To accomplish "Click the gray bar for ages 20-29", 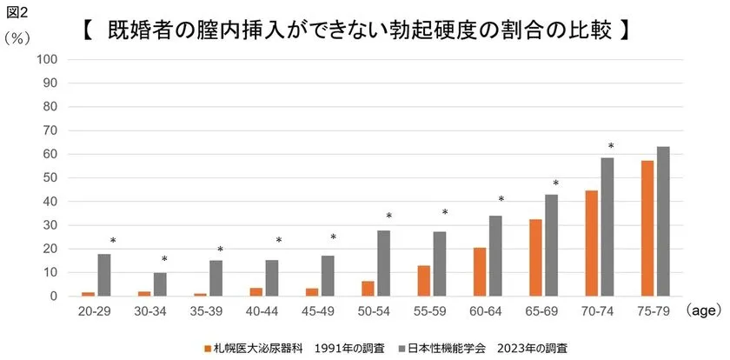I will click(x=104, y=275).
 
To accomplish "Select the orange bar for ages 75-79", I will click(x=647, y=229).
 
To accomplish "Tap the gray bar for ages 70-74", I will click(x=607, y=227).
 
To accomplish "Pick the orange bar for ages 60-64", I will click(x=480, y=272).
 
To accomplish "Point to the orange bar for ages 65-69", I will click(x=535, y=258).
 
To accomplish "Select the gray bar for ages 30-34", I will click(x=160, y=284).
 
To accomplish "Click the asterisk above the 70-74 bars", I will click(x=611, y=147).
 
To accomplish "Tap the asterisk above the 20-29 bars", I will click(x=112, y=242).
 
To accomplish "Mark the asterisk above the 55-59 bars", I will click(x=445, y=213).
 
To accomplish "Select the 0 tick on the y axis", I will click(x=53, y=297).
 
